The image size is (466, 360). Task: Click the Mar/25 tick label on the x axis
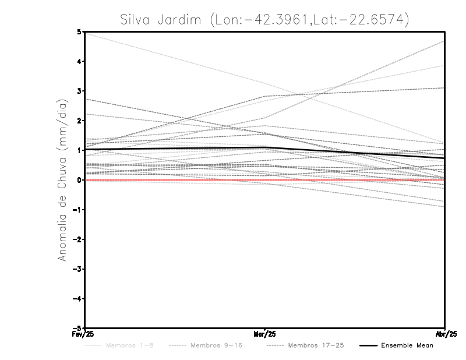(265, 333)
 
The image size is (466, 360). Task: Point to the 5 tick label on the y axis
(79, 31)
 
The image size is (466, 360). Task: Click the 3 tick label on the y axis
(79, 91)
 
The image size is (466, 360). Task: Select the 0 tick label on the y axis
(79, 180)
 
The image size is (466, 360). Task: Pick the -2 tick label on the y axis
(77, 239)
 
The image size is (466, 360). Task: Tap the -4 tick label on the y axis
(77, 298)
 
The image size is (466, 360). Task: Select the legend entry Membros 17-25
(316, 345)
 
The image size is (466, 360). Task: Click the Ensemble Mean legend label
(407, 345)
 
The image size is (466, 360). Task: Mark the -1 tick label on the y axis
(77, 210)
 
